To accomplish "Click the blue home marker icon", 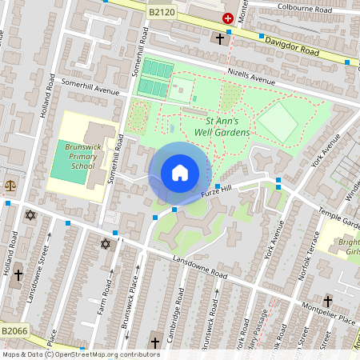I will point(180,173).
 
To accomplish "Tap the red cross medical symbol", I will point(228,17).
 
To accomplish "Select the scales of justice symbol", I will point(10,184).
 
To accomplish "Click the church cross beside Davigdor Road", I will point(220,38).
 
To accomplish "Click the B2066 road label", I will point(14,330).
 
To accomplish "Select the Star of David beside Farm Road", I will point(104,244).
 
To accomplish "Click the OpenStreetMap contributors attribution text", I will point(80,354).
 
